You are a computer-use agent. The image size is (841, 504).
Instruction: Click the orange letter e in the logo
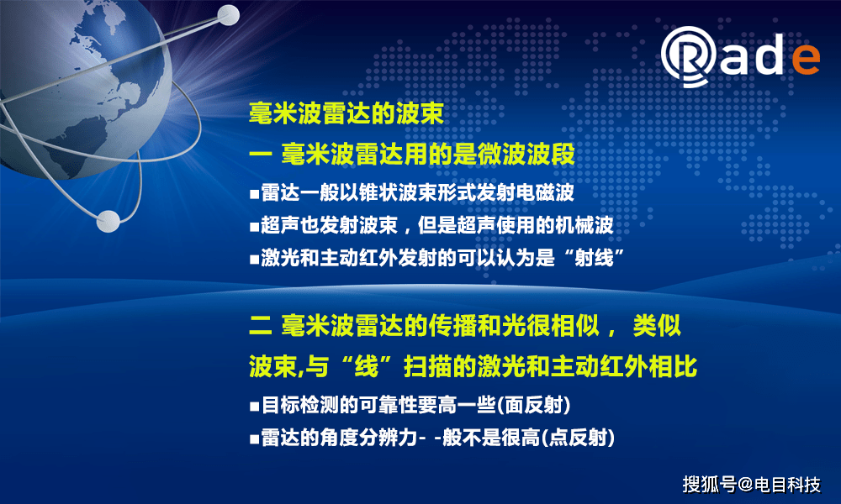click(x=806, y=59)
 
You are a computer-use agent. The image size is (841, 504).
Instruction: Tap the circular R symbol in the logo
click(x=689, y=56)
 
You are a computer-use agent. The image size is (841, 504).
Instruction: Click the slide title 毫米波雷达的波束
click(x=346, y=113)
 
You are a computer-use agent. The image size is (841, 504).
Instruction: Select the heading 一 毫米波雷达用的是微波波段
click(x=412, y=155)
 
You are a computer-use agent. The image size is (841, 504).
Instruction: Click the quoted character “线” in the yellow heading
click(x=367, y=367)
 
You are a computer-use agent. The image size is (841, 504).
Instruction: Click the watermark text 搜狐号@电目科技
click(x=751, y=484)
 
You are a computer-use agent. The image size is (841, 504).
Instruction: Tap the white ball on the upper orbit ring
click(x=229, y=15)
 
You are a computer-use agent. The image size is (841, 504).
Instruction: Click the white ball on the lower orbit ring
click(x=108, y=221)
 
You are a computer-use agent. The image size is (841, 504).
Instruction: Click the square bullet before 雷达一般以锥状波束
click(x=254, y=194)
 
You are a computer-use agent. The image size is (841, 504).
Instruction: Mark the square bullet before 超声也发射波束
click(x=254, y=227)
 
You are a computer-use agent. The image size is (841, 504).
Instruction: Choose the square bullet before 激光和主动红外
click(x=254, y=260)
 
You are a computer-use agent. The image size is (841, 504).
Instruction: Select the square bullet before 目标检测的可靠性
click(x=254, y=407)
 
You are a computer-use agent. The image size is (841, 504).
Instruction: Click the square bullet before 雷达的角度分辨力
click(x=254, y=439)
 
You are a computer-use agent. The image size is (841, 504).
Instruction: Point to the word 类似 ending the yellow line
click(x=657, y=326)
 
